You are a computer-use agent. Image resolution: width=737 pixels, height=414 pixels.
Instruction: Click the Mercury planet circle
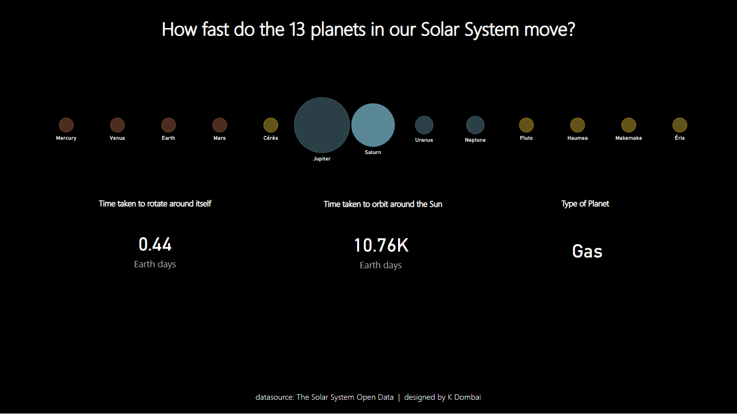66,125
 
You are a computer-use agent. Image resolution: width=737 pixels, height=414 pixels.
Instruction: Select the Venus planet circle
117,125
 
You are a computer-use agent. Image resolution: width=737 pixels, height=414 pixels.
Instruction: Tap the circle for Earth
168,125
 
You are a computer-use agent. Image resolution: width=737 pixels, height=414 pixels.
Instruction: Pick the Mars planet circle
220,125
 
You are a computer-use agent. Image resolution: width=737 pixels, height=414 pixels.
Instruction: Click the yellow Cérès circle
271,125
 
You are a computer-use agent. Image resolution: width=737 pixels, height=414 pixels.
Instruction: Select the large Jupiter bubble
322,125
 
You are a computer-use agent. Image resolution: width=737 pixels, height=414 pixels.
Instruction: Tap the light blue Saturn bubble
373,125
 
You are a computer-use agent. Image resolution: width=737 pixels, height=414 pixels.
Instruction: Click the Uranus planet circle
424,125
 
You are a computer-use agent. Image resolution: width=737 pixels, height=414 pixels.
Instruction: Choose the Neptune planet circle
475,125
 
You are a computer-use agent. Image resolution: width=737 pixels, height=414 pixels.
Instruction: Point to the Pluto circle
526,125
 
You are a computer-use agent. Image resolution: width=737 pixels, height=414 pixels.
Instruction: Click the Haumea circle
577,125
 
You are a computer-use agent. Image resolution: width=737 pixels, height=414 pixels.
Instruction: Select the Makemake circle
629,125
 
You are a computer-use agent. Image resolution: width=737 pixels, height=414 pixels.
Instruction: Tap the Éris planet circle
680,125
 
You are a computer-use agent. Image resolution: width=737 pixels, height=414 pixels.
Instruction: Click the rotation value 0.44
155,245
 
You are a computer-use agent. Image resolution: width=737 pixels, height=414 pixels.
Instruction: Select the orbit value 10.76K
381,246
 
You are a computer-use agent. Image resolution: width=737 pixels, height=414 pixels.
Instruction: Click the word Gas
587,252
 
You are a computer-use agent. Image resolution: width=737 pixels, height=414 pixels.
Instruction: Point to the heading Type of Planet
585,204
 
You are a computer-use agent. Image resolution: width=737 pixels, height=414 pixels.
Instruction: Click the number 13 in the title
297,30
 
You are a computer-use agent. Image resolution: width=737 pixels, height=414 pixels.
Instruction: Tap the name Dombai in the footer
468,397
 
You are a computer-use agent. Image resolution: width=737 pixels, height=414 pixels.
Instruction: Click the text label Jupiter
322,159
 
